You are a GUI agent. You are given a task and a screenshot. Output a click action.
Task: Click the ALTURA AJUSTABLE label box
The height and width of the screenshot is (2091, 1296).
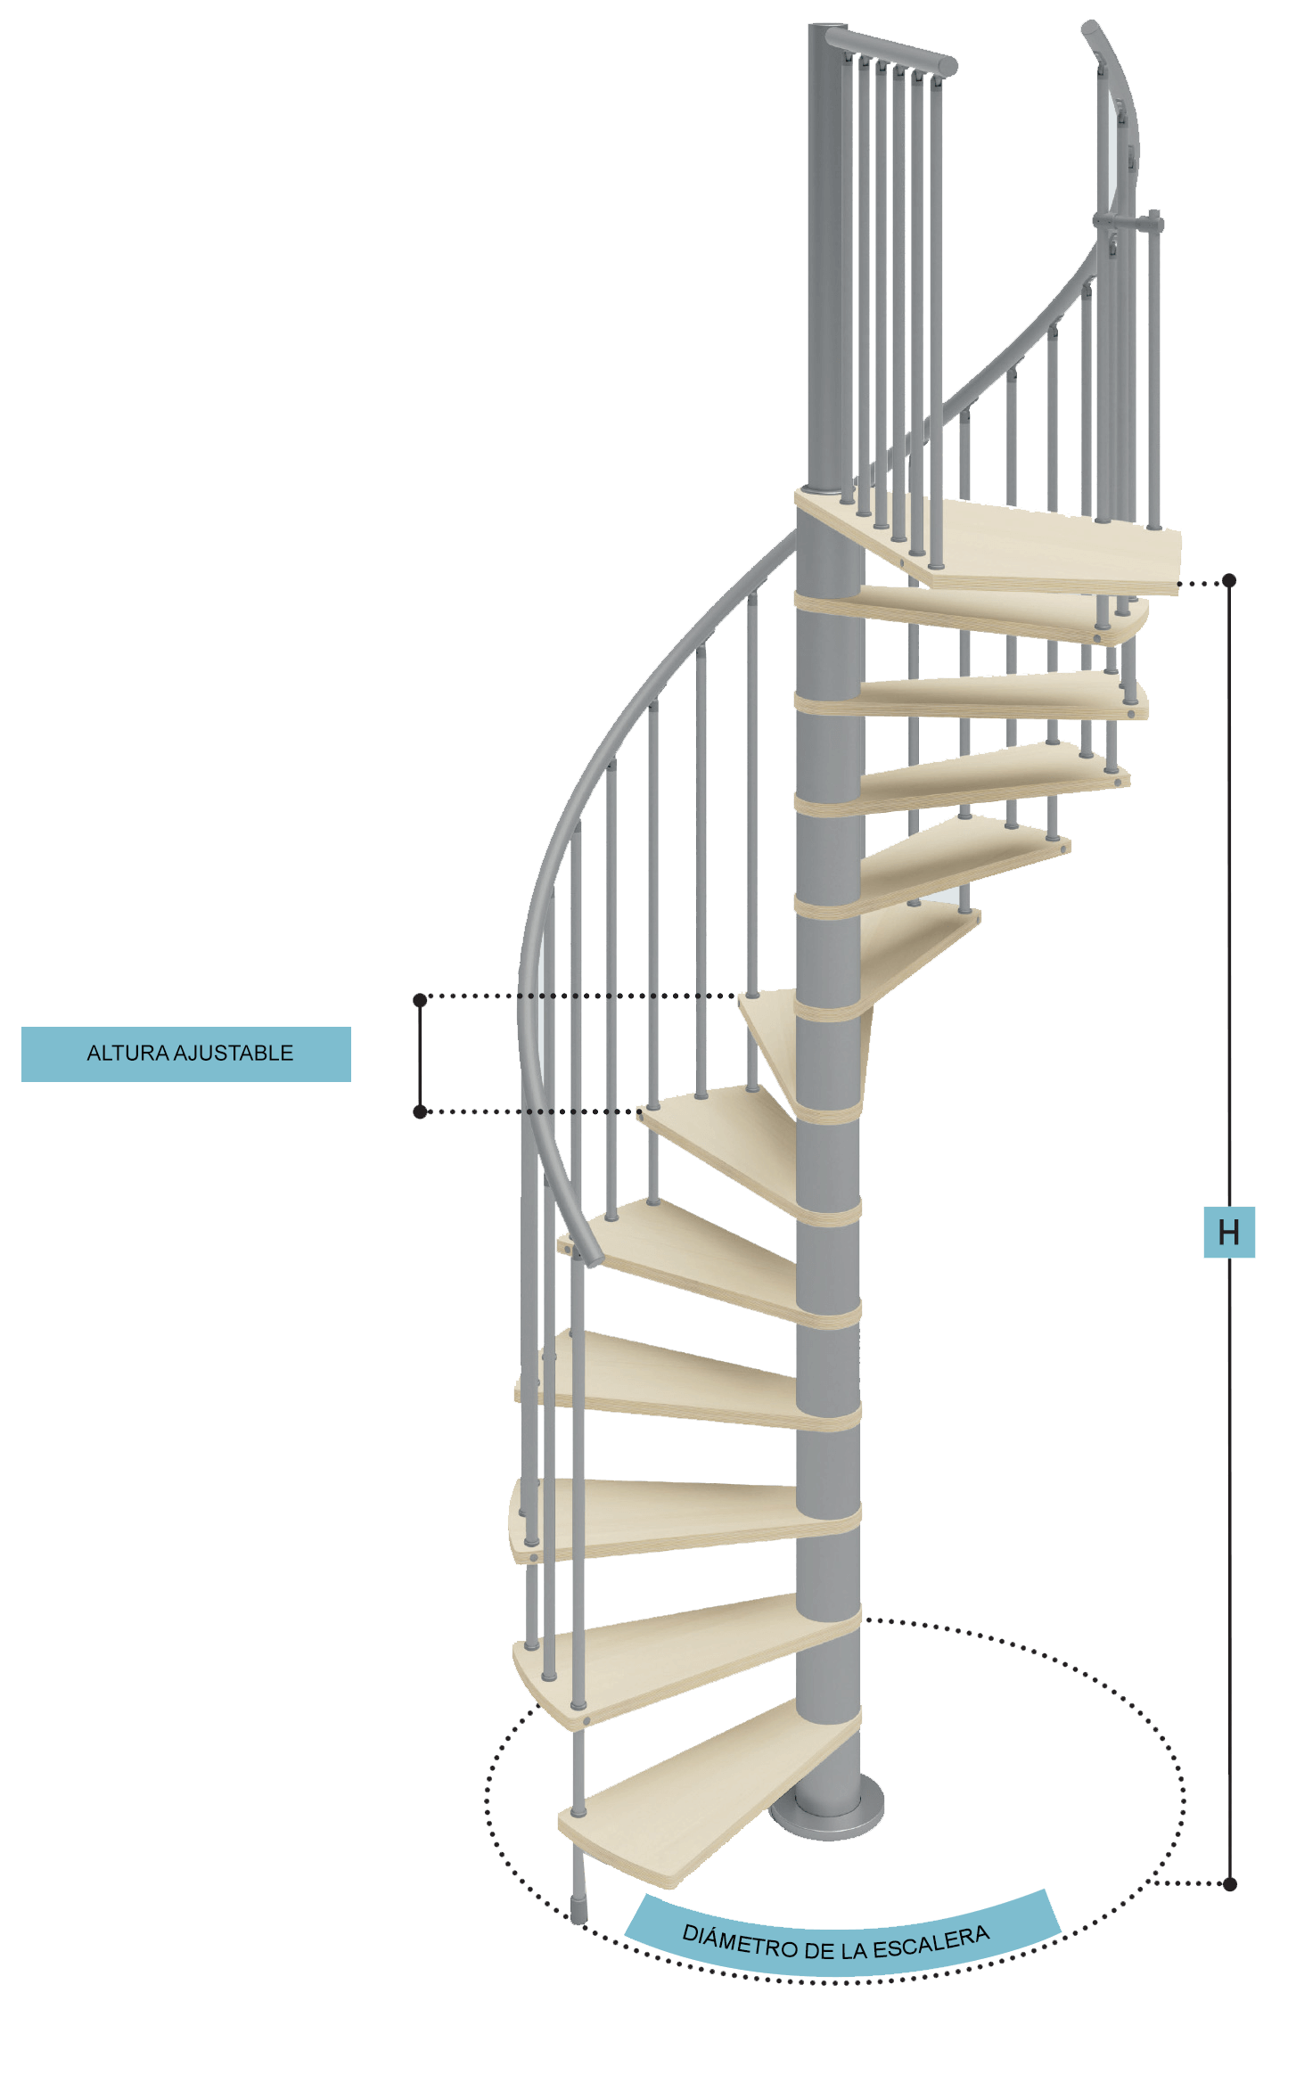(186, 1054)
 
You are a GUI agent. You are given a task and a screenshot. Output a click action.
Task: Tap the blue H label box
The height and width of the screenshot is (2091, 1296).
(1229, 1232)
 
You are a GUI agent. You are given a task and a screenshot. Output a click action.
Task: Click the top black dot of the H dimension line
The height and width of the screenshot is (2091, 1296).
(1230, 580)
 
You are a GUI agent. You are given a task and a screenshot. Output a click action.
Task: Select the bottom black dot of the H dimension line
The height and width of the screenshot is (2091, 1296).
(1230, 1883)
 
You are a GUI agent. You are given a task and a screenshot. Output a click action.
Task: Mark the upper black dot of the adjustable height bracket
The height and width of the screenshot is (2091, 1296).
(420, 1000)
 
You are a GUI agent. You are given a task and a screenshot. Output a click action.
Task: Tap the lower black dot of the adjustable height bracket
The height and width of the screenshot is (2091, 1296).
(420, 1111)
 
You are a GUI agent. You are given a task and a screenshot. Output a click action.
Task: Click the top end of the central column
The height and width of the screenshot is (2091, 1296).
(827, 27)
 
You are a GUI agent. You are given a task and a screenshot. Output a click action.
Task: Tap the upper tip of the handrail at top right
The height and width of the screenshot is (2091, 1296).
(1090, 28)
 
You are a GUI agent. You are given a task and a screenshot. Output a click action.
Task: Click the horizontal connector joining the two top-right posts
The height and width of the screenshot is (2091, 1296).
(1128, 221)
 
